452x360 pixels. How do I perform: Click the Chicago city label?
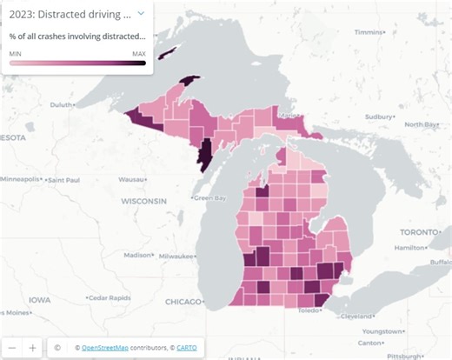(183, 302)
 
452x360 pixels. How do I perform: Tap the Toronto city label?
(416, 232)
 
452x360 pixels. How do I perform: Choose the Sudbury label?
(379, 116)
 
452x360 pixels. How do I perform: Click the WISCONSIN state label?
(143, 201)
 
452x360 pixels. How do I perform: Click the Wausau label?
(131, 179)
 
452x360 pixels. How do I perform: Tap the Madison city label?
(137, 255)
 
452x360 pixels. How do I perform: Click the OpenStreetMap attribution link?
(110, 348)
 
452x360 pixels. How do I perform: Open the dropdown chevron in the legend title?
(141, 14)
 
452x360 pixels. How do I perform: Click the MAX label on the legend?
(138, 53)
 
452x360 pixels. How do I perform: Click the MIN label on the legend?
(16, 53)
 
